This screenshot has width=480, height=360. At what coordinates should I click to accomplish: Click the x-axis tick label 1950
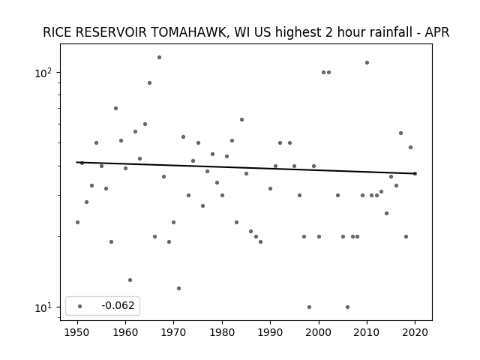77,332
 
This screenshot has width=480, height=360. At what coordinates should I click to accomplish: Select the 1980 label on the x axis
222,332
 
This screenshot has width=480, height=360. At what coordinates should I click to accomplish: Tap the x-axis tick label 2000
319,332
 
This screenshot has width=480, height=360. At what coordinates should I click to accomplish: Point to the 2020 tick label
415,332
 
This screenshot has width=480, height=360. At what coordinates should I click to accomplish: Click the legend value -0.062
118,305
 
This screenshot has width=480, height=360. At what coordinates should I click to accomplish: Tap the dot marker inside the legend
80,306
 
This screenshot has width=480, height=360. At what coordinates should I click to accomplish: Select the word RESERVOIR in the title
112,32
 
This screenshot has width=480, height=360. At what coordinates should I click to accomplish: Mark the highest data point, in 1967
159,57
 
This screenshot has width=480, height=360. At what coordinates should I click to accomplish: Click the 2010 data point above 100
367,63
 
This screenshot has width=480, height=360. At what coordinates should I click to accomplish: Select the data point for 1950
77,222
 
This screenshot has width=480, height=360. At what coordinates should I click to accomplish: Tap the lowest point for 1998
309,307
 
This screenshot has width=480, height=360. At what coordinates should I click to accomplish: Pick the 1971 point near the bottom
178,288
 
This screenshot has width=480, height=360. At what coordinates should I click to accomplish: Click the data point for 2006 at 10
347,307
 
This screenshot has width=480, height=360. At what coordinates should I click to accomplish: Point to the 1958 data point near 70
115,108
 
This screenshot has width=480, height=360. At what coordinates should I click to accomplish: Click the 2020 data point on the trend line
415,173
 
